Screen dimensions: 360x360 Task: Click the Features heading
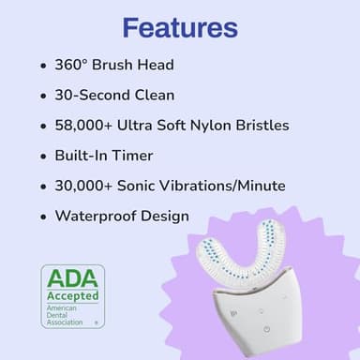179,26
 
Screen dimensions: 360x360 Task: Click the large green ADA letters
71,279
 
